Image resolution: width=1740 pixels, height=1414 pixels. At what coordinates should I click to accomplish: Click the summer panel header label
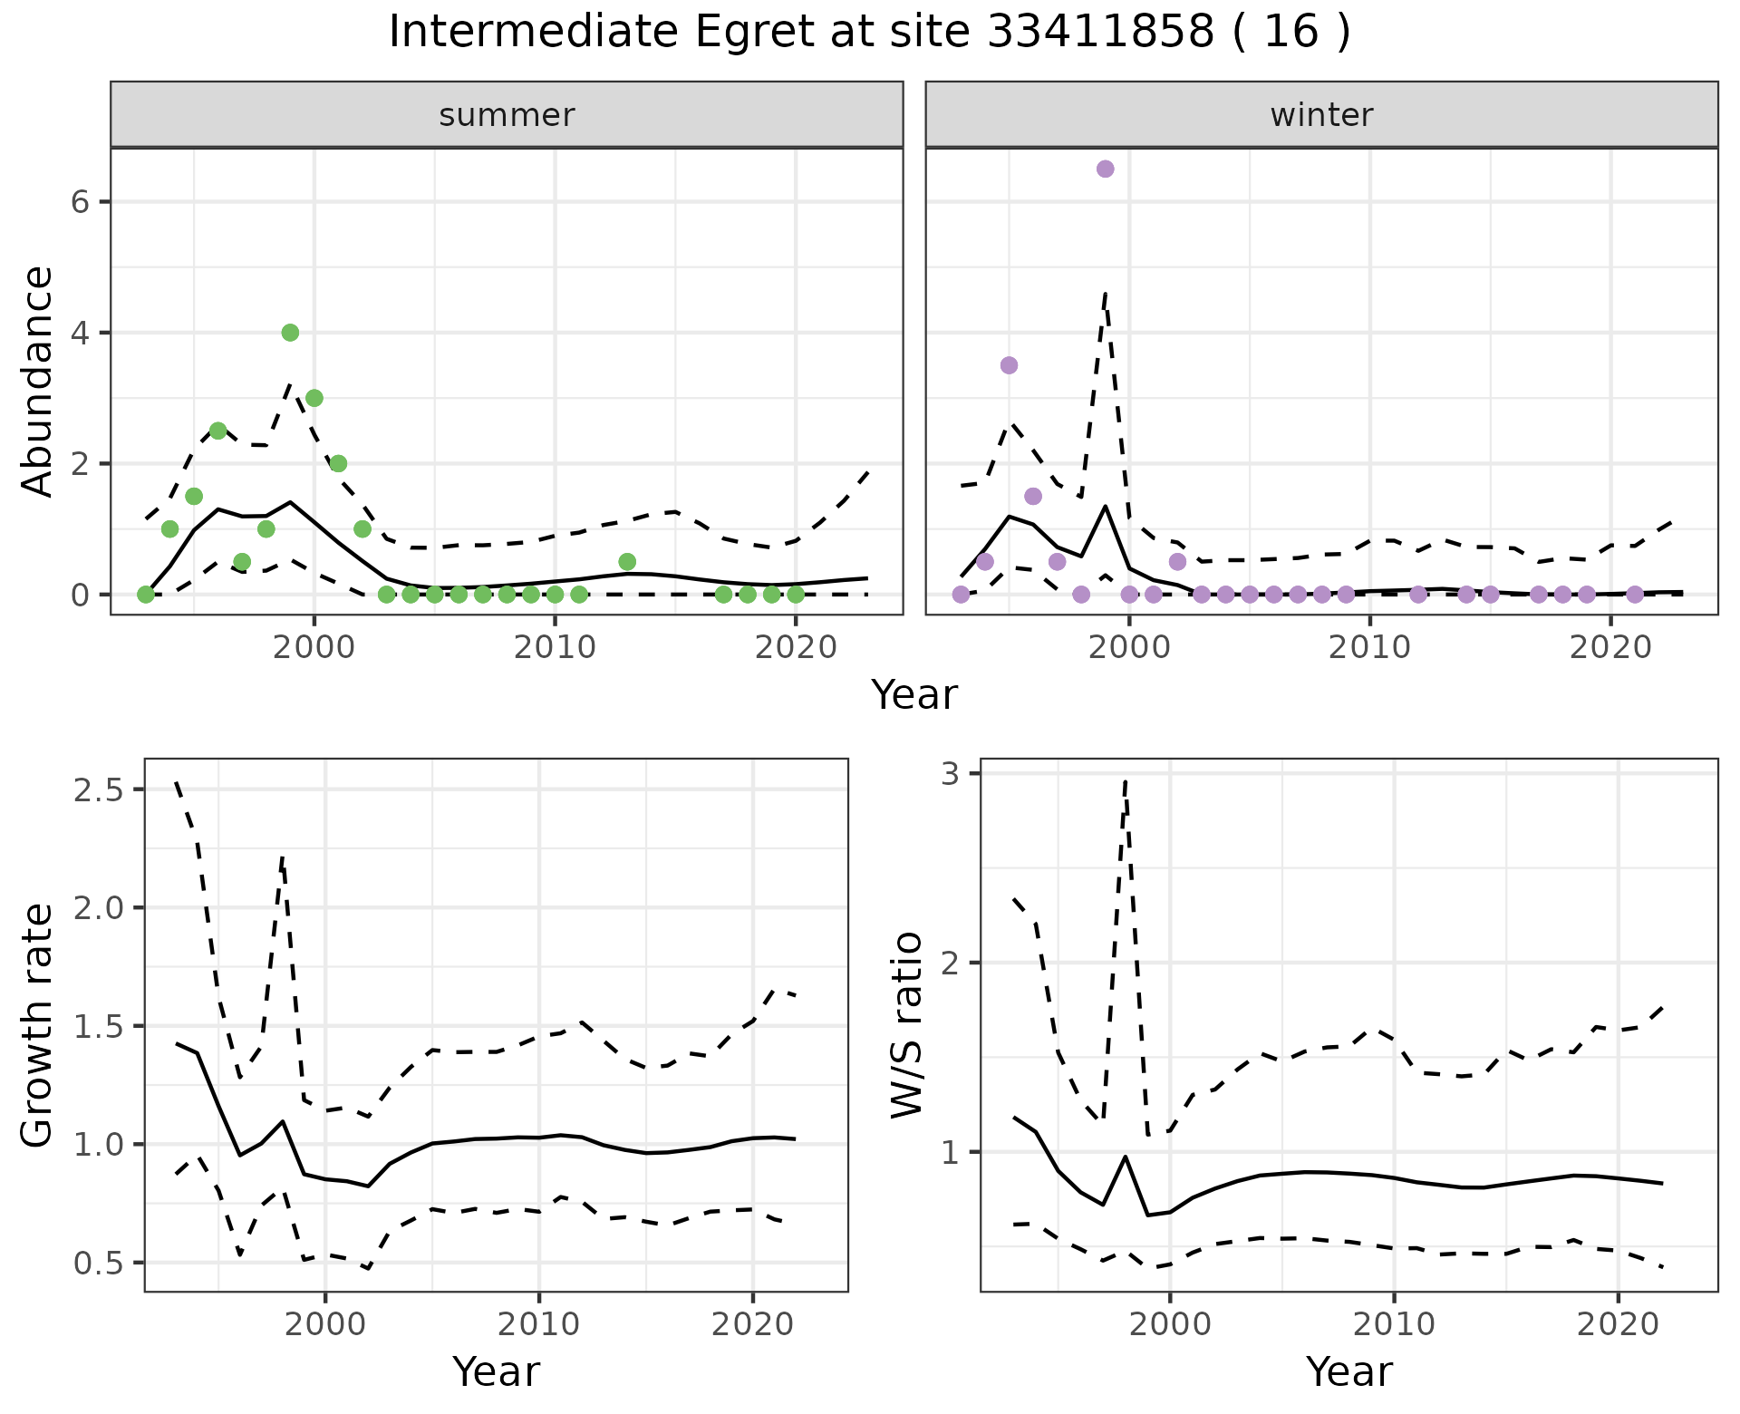coord(507,115)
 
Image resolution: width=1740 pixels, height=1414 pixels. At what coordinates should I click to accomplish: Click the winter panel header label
coord(1321,115)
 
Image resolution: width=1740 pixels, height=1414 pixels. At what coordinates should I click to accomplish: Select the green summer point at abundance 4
coord(290,333)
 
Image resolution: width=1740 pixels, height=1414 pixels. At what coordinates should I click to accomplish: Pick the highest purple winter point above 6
coord(1105,169)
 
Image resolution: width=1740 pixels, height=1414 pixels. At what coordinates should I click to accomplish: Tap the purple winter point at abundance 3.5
coord(1009,365)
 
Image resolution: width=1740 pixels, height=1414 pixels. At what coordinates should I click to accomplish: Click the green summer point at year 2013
coord(627,562)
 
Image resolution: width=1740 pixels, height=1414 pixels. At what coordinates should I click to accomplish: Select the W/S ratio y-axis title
coord(906,1025)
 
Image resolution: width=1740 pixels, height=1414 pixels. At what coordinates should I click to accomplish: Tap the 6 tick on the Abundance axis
coord(80,202)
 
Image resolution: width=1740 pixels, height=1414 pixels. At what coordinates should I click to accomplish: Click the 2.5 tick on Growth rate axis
coord(98,790)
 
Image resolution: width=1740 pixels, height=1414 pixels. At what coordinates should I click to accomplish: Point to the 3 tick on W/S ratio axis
coord(950,773)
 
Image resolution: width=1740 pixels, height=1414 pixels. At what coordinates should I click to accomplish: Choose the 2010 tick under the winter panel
coord(1369,647)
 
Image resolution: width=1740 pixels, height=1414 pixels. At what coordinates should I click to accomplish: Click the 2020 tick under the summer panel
coord(795,647)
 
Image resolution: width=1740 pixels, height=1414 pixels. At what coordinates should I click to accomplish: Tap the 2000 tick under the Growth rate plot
coord(325,1324)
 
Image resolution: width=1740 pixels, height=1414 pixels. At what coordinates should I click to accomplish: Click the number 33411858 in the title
coord(1099,33)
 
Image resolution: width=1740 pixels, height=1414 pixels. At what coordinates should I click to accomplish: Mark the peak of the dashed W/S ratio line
coord(1125,780)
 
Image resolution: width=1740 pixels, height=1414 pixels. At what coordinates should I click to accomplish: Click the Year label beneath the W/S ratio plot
coord(1348,1372)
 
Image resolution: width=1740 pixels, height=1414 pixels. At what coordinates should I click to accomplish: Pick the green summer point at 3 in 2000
coord(314,398)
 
